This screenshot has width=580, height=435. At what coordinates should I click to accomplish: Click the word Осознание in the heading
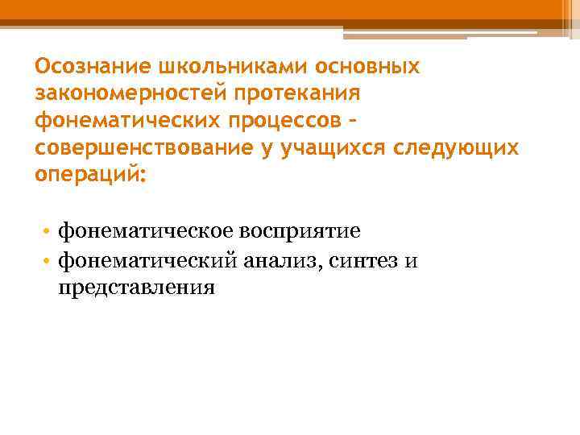[x=85, y=65]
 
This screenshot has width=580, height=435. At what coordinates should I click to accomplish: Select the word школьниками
[x=204, y=65]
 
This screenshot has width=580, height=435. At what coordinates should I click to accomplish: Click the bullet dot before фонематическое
[x=48, y=234]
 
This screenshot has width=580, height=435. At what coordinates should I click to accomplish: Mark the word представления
[x=136, y=287]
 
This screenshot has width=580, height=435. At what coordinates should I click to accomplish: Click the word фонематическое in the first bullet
[x=148, y=233]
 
